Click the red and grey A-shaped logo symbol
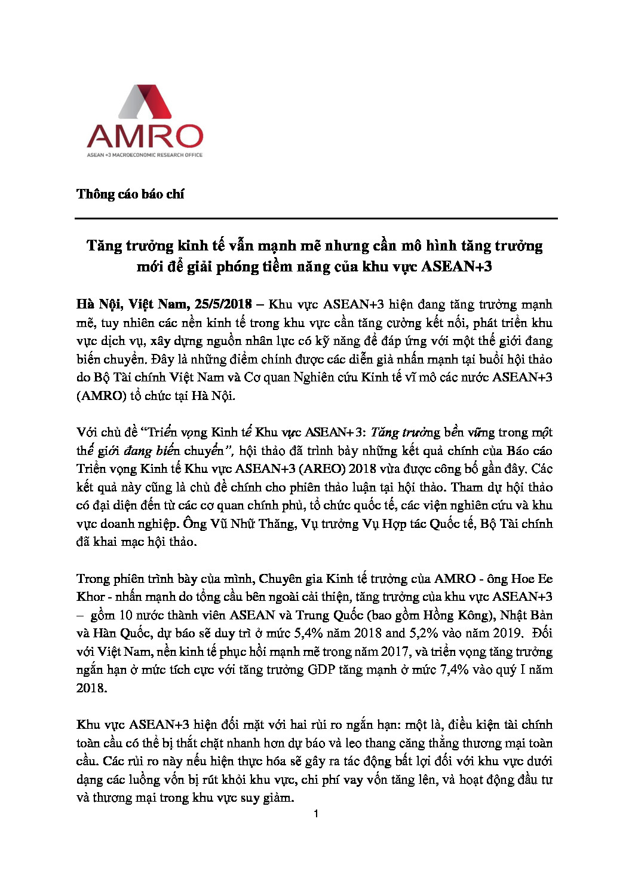pyautogui.click(x=145, y=102)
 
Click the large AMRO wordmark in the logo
pyautogui.click(x=145, y=136)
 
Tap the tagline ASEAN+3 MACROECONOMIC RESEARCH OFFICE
pyautogui.click(x=145, y=155)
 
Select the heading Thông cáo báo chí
pyautogui.click(x=130, y=194)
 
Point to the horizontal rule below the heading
pyautogui.click(x=316, y=219)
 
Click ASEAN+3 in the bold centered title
pyautogui.click(x=456, y=266)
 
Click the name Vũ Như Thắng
pyautogui.click(x=253, y=524)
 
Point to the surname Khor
pyautogui.click(x=91, y=597)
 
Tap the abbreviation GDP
pyautogui.click(x=321, y=670)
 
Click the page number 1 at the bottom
pyautogui.click(x=316, y=814)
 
